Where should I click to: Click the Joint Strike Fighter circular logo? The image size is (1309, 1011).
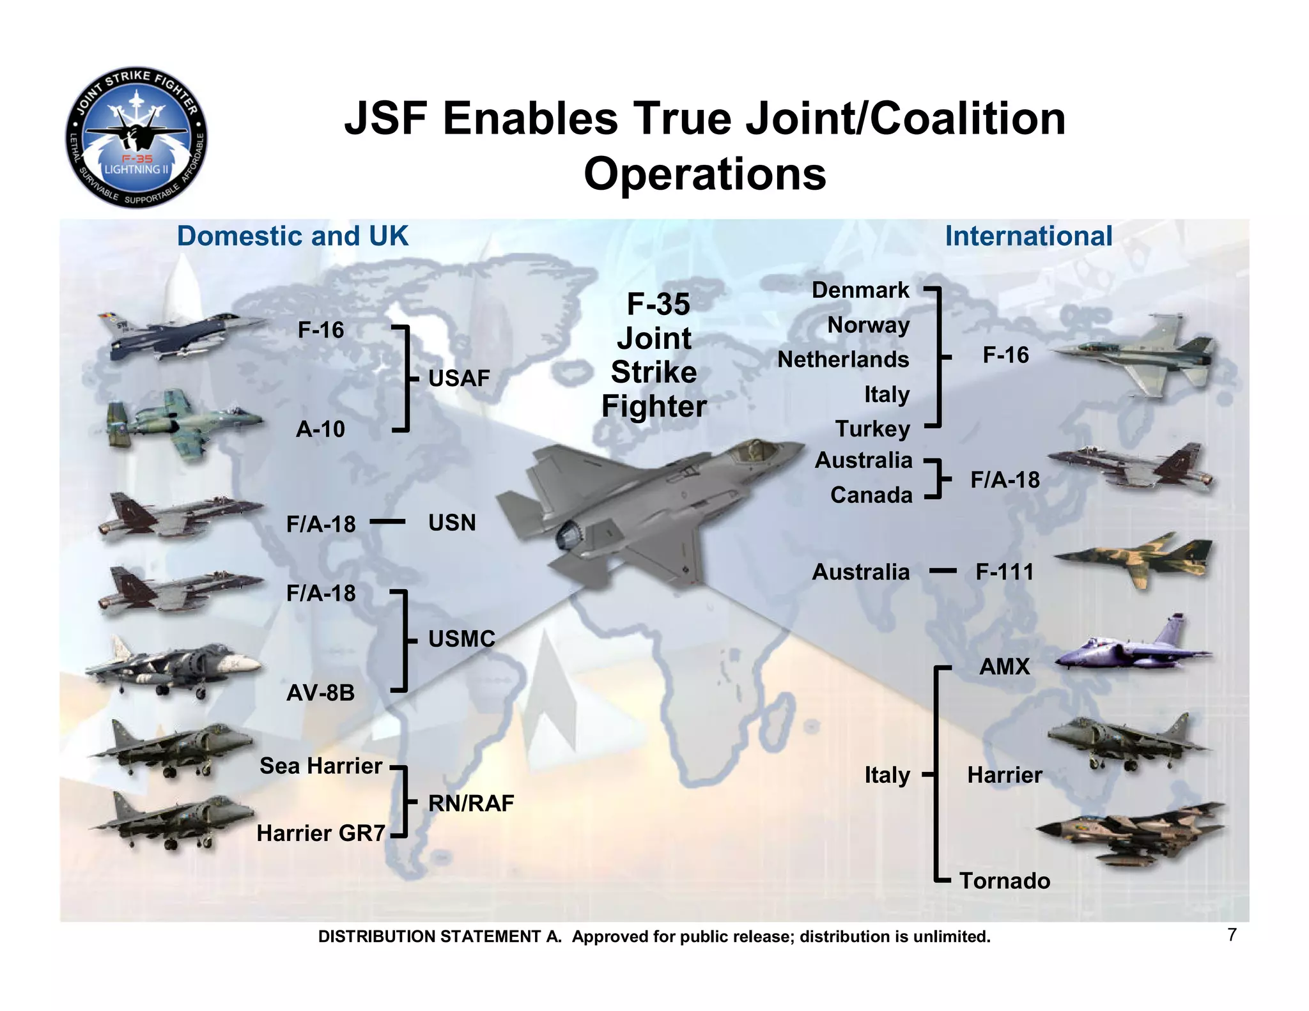136,137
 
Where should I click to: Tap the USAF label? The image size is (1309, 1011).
459,378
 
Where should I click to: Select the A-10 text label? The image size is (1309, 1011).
320,429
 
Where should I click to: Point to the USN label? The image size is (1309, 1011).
452,523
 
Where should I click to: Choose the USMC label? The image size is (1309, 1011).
461,638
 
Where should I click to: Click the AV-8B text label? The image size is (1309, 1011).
320,693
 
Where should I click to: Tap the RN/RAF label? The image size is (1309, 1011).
471,803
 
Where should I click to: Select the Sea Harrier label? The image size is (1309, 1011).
320,766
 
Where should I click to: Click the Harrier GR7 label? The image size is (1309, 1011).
321,833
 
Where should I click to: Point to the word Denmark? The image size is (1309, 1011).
860,290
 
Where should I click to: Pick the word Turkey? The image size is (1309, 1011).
872,429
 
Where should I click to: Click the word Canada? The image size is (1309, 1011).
871,495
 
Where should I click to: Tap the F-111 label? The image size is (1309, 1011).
1004,571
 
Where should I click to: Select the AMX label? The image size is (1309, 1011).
1004,667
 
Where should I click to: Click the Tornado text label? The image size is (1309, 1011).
1005,881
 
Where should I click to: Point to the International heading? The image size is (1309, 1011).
1028,236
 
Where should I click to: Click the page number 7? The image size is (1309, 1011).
1232,935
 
